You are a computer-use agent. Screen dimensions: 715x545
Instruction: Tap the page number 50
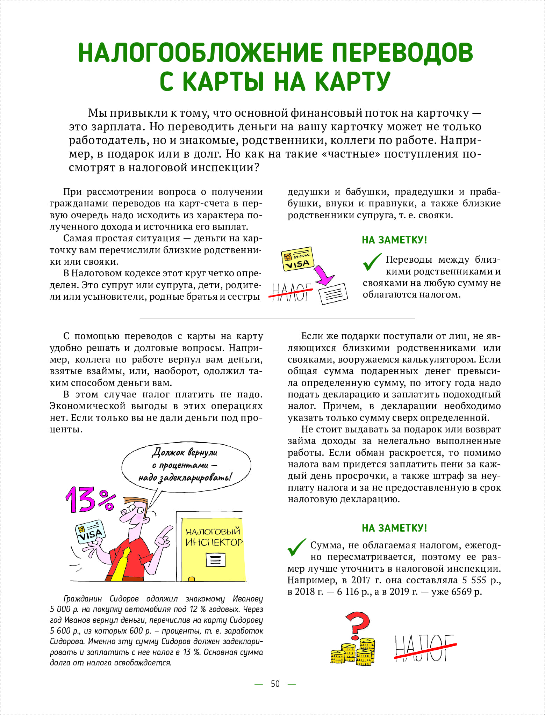275,684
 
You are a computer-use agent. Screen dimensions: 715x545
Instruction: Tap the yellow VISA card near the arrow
297,259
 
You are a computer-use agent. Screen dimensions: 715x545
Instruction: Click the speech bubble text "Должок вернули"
185,453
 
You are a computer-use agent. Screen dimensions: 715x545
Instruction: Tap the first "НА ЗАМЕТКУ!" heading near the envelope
394,240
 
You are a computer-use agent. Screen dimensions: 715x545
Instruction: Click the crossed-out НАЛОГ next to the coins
424,648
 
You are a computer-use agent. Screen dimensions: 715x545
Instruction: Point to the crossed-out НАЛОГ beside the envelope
291,292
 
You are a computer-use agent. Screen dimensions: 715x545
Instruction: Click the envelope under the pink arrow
334,293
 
